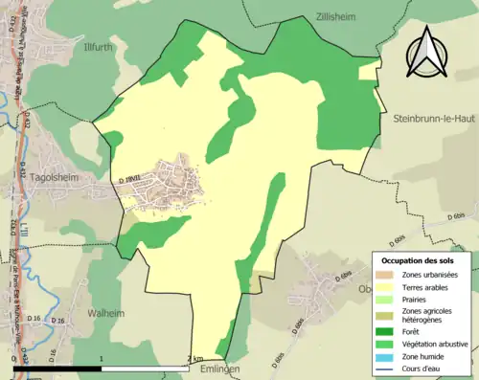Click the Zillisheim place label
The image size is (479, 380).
pos(338,16)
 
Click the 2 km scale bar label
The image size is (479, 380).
pos(196,359)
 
